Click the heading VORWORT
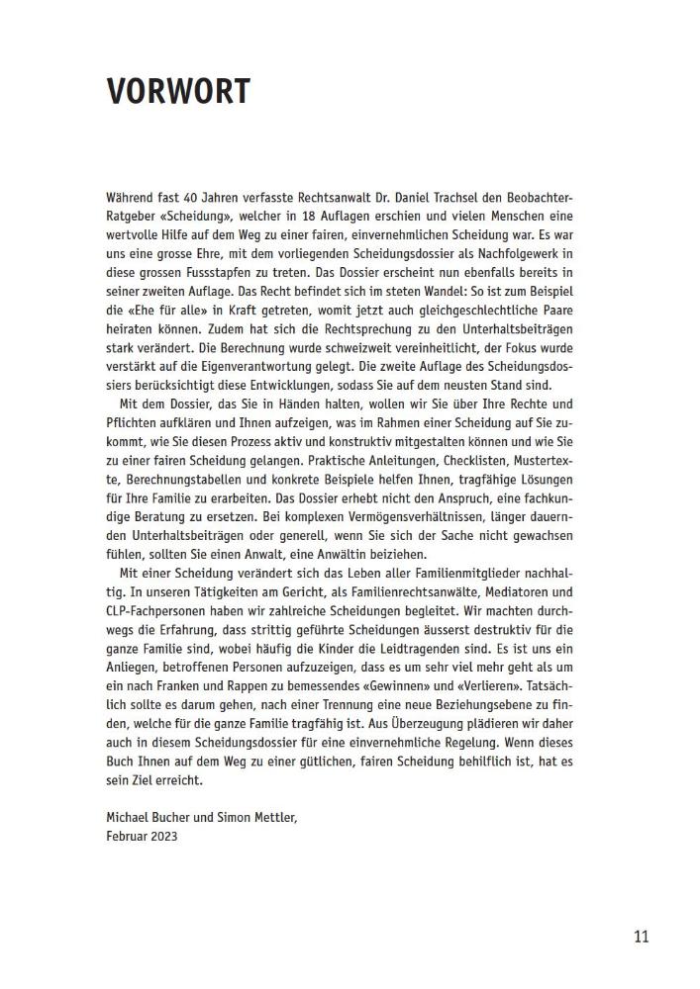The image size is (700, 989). pos(178,91)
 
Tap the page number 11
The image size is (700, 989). pos(641,937)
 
